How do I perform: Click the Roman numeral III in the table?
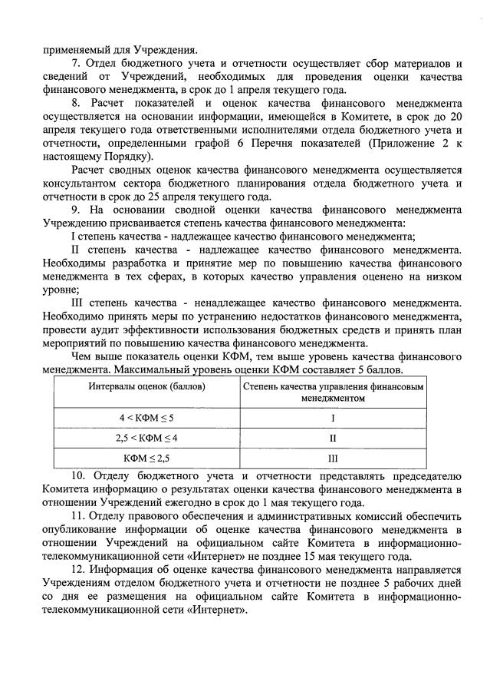point(333,458)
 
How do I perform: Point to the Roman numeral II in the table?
point(333,438)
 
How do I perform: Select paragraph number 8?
point(74,101)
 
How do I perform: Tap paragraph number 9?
point(74,209)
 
